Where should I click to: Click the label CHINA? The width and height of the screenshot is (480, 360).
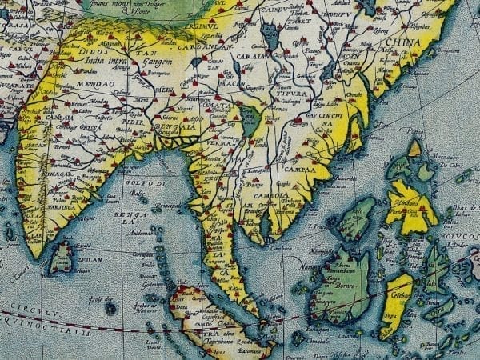pyautogui.click(x=403, y=43)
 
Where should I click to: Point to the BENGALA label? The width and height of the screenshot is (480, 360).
pyautogui.click(x=178, y=126)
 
